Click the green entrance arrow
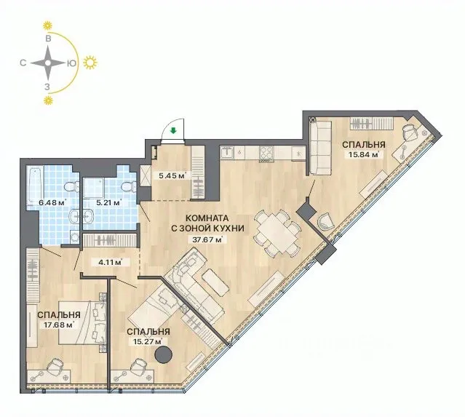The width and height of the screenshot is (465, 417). [x=173, y=130]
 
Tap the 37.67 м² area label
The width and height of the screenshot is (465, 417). [x=207, y=239]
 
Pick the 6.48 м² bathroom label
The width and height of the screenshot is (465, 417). [x=52, y=203]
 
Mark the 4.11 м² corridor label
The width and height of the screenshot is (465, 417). [x=110, y=262]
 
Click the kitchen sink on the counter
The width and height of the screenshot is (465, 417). [x=228, y=153]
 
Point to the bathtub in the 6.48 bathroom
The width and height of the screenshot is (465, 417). [x=35, y=186]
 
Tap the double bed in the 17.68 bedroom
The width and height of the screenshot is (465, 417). [x=82, y=322]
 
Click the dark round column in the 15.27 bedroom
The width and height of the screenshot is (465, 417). [x=164, y=354]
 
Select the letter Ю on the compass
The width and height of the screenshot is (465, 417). [x=71, y=63]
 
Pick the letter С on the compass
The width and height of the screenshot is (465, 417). [x=23, y=63]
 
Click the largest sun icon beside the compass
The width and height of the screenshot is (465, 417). [x=90, y=63]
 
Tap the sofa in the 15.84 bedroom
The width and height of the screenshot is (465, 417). [x=320, y=148]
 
